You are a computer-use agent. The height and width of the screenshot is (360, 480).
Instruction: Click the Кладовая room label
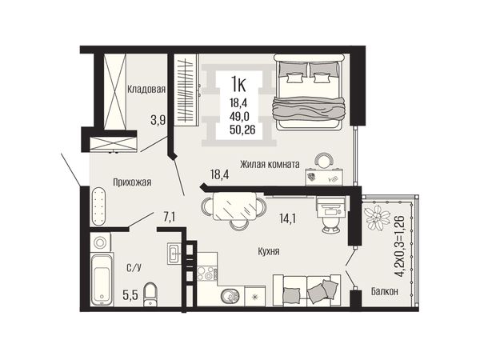146,89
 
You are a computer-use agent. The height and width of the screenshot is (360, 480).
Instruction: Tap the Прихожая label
132,182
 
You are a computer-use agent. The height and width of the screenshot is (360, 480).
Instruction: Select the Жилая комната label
270,164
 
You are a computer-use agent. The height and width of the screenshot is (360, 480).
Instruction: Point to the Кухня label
269,252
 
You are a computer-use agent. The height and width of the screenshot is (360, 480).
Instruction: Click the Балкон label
385,291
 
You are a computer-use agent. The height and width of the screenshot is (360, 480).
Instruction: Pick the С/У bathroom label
134,268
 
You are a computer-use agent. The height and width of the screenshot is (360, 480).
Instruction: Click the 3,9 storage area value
158,120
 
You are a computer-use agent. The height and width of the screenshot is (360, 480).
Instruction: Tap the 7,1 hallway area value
169,217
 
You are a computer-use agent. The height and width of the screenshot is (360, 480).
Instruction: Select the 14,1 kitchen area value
287,218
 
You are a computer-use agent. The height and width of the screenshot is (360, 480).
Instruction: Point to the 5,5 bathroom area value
130,295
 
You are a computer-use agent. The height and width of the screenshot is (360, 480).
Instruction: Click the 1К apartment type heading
238,85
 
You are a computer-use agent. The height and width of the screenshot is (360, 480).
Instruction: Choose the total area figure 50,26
242,130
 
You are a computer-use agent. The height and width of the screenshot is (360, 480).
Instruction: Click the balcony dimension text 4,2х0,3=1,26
400,246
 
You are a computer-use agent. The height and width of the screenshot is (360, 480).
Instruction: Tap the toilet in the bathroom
150,294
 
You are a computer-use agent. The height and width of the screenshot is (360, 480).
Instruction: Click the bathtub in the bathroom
102,280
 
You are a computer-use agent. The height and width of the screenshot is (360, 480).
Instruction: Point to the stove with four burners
207,274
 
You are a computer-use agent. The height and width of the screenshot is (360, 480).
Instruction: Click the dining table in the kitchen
234,206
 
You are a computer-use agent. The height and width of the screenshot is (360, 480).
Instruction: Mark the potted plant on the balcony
376,216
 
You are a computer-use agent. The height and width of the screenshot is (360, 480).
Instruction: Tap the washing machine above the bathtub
100,242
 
